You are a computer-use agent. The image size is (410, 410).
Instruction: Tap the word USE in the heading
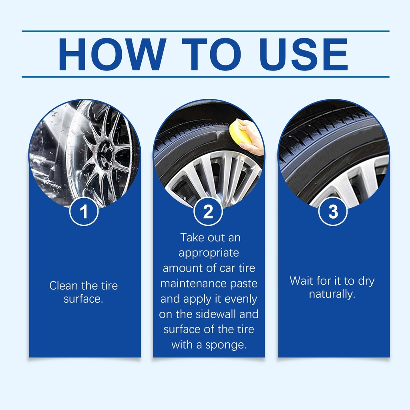303,54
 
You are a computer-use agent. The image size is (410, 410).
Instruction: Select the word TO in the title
211,54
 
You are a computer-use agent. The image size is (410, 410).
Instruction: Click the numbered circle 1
84,211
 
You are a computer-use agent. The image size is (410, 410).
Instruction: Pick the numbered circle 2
208,211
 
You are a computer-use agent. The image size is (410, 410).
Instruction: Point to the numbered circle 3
333,211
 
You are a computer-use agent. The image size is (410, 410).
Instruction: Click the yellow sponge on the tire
240,132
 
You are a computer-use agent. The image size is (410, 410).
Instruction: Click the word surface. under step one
83,299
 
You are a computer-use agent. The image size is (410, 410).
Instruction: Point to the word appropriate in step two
209,253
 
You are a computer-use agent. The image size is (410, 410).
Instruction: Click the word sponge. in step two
226,345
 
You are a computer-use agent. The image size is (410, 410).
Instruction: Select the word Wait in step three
301,281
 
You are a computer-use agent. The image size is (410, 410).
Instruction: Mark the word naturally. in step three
332,294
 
